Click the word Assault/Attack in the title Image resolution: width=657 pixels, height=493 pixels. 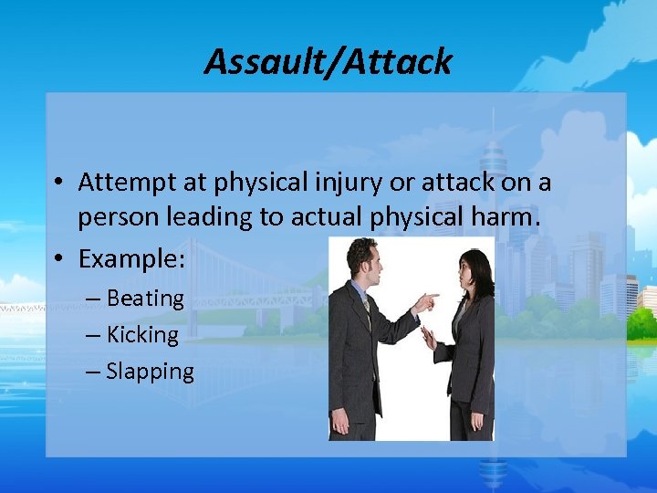click(x=328, y=62)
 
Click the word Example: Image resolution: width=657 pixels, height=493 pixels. click(x=131, y=259)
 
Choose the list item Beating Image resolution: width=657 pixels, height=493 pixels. click(x=145, y=299)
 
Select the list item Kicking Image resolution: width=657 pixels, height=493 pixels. click(x=142, y=335)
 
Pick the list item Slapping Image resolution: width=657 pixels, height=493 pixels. click(x=150, y=372)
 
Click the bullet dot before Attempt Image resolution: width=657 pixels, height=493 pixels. click(x=57, y=184)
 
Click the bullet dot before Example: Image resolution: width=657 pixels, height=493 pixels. click(x=57, y=260)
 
